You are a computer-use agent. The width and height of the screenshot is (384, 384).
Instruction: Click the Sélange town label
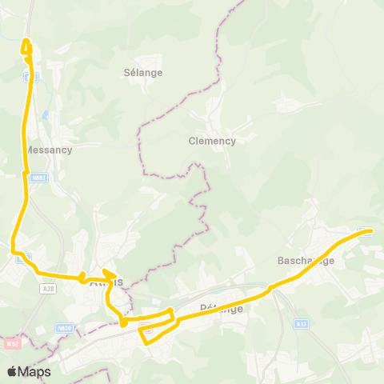(x=143, y=72)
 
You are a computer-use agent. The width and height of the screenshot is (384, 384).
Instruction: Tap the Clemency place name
(x=212, y=141)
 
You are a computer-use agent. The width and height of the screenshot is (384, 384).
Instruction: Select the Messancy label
(x=49, y=150)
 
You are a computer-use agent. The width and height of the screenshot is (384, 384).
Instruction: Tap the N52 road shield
(x=11, y=343)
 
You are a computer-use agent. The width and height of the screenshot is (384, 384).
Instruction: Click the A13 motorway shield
(x=301, y=323)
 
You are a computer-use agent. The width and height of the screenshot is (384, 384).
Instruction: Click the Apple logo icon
(x=12, y=371)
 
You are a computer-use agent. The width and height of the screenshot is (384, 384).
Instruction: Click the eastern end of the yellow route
(x=371, y=232)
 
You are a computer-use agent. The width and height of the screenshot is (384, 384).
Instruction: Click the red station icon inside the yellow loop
(x=146, y=328)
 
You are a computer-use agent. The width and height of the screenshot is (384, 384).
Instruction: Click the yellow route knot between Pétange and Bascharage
(x=273, y=286)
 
